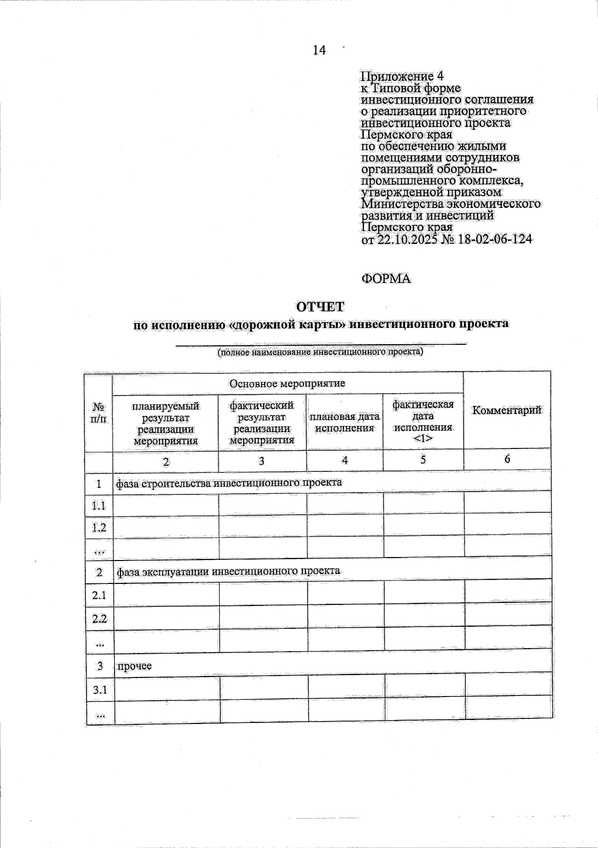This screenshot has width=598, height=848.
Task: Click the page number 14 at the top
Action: point(319,50)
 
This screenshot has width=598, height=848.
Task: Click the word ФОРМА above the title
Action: point(386,279)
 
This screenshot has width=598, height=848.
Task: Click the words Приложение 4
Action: point(402,77)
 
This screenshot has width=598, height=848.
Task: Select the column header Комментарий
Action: point(506,411)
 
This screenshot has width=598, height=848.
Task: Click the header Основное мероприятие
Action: point(287,384)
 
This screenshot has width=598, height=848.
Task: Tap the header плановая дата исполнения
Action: point(344,422)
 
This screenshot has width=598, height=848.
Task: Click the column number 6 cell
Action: point(507,459)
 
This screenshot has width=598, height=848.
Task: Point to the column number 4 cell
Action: point(344,460)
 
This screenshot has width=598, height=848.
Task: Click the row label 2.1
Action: point(99,594)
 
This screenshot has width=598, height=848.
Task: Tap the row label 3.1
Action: point(100,690)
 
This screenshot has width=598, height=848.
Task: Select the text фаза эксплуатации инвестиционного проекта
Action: point(228,571)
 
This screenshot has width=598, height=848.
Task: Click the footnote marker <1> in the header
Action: point(423,438)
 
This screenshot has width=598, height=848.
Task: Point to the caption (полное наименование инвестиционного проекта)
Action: point(320,352)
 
